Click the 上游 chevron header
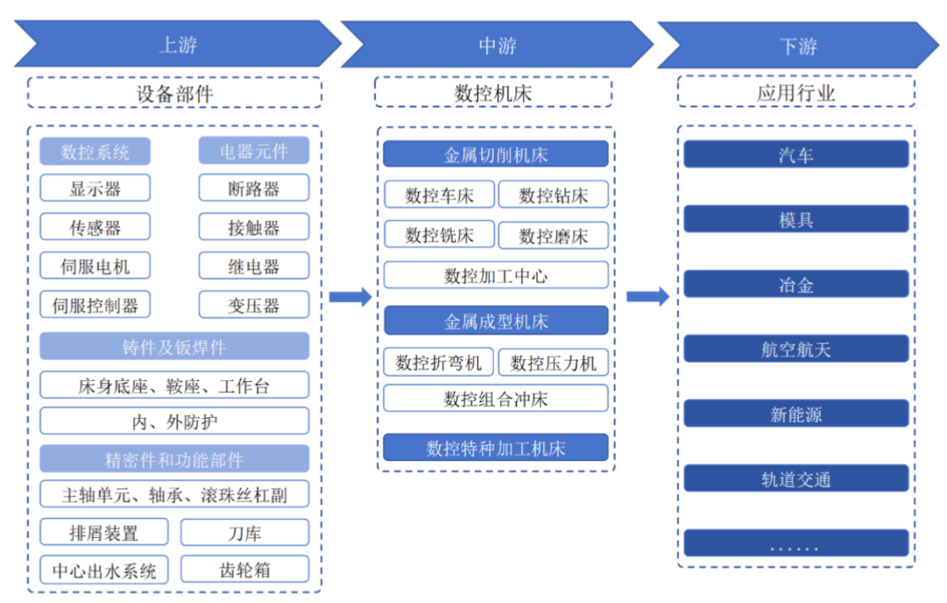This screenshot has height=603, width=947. [x=178, y=45]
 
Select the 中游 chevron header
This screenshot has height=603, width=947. [x=497, y=45]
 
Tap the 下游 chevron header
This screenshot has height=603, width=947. [x=798, y=45]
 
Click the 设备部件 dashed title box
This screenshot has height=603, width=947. [x=174, y=93]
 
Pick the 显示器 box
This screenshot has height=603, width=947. [x=95, y=188]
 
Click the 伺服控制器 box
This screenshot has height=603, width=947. [x=95, y=305]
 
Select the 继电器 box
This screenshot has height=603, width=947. [x=253, y=266]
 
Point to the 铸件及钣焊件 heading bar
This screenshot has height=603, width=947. [x=174, y=347]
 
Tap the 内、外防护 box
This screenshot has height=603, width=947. [x=174, y=421]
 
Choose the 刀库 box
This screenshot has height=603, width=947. [x=245, y=533]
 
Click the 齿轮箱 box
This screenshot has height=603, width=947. [x=245, y=570]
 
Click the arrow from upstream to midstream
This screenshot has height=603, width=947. [x=351, y=297]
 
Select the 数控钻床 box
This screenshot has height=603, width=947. [x=553, y=195]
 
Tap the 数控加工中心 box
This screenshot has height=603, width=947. [x=495, y=276]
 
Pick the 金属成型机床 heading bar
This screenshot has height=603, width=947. [x=495, y=321]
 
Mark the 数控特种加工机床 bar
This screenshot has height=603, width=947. [x=495, y=448]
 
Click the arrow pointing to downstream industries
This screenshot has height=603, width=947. [x=648, y=297]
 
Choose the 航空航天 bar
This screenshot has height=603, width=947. [x=796, y=349]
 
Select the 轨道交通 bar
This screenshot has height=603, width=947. [x=796, y=479]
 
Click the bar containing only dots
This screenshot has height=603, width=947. [x=796, y=544]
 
